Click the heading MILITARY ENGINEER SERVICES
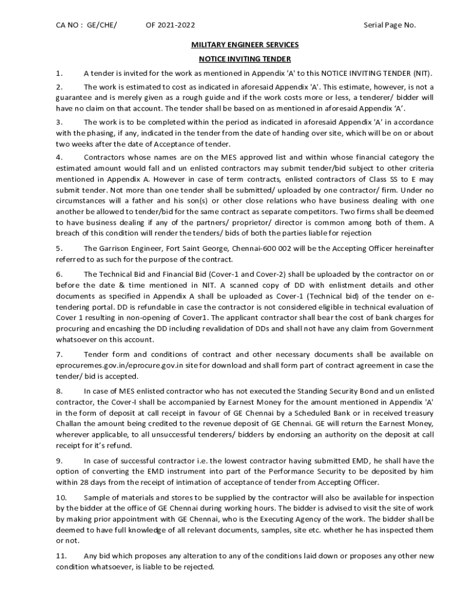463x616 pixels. click(245, 45)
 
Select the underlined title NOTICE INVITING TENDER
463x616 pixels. click(245, 59)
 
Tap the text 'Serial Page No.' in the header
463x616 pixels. click(390, 25)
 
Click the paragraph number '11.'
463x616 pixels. click(61, 556)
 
